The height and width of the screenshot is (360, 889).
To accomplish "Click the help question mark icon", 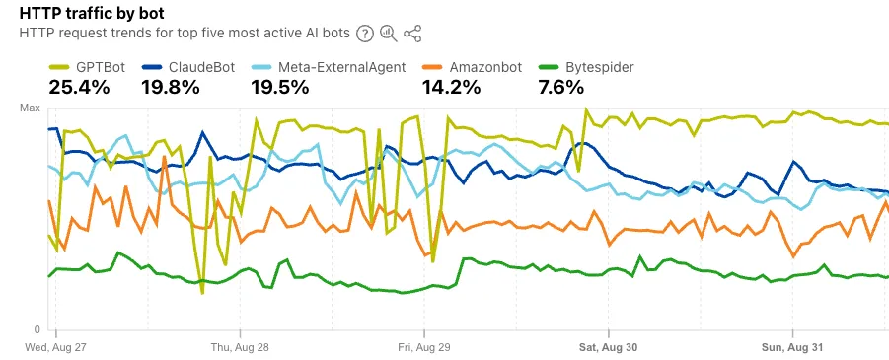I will click(x=365, y=34).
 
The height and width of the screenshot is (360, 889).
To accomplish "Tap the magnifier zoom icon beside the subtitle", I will click(x=389, y=34).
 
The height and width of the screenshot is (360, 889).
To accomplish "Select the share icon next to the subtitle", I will click(x=412, y=34).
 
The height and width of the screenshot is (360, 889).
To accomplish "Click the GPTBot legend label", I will click(x=101, y=68).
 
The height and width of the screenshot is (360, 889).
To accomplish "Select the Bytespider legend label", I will click(x=600, y=68).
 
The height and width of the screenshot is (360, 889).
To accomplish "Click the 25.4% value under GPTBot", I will click(x=79, y=88).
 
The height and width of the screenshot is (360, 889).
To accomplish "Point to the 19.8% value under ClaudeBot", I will click(x=173, y=88).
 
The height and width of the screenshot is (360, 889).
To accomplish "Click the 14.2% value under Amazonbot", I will click(x=451, y=88).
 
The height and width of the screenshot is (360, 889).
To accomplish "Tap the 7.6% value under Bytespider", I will click(x=565, y=88).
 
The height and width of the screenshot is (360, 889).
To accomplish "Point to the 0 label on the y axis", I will click(x=37, y=329).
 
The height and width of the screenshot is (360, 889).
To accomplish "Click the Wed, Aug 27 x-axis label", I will click(x=56, y=347).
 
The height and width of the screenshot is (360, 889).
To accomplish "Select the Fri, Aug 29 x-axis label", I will click(x=424, y=347).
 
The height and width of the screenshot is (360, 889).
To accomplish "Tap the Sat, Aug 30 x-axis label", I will click(x=608, y=347).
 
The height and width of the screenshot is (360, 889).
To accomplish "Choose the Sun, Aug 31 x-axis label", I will click(x=792, y=347).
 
